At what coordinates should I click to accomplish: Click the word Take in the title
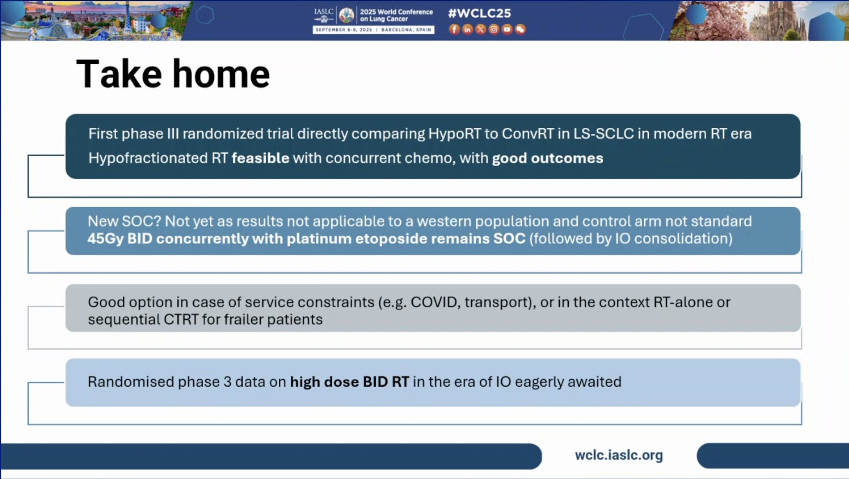tap(119, 74)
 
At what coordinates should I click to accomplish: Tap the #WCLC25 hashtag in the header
tap(480, 13)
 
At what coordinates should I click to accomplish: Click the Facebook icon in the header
tap(454, 30)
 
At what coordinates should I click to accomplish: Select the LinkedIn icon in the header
tap(467, 30)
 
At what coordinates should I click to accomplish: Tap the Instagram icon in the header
tap(494, 30)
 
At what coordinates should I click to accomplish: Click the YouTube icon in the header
tap(507, 30)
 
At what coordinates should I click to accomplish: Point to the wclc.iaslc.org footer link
tap(619, 455)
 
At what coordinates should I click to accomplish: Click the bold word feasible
tap(260, 158)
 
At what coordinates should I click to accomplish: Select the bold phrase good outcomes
tap(548, 158)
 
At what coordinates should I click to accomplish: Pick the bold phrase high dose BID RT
tap(349, 382)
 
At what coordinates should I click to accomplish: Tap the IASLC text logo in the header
tap(323, 12)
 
